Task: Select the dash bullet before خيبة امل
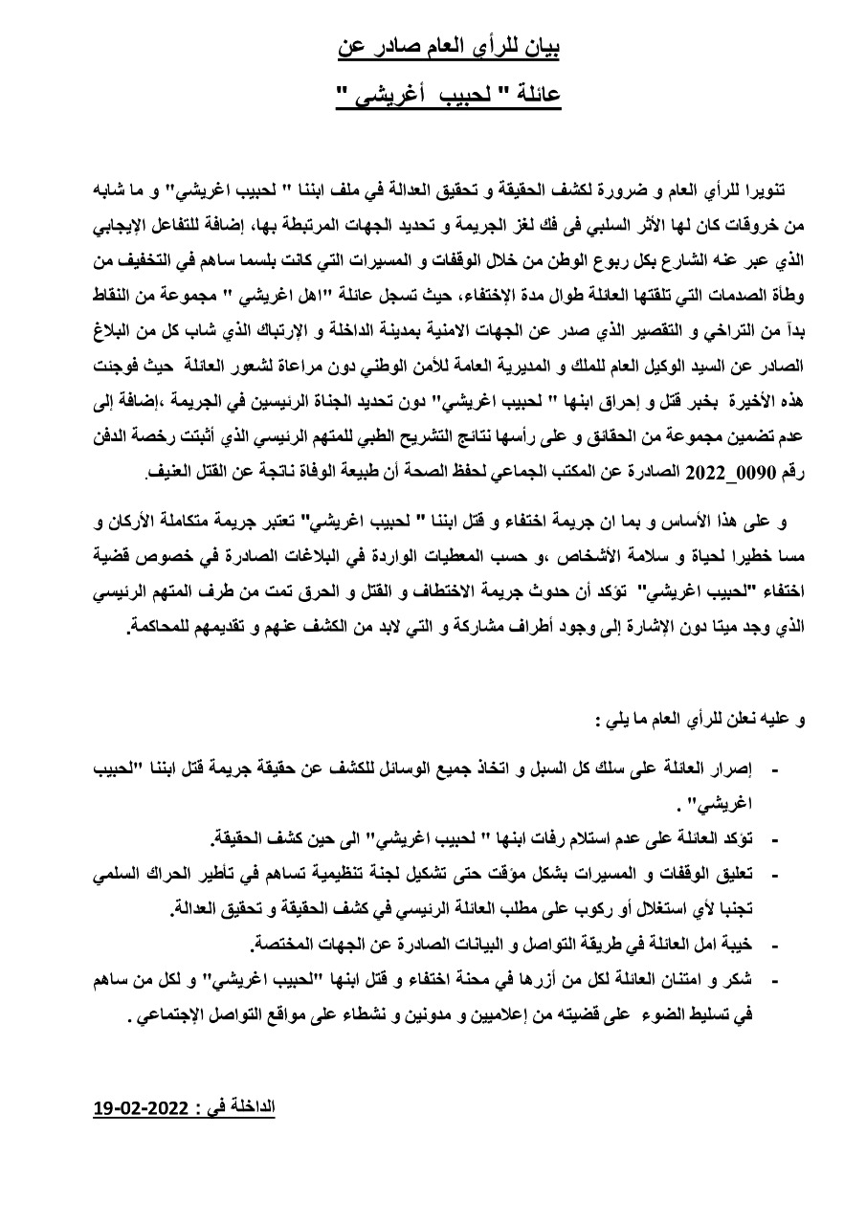point(776,944)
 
